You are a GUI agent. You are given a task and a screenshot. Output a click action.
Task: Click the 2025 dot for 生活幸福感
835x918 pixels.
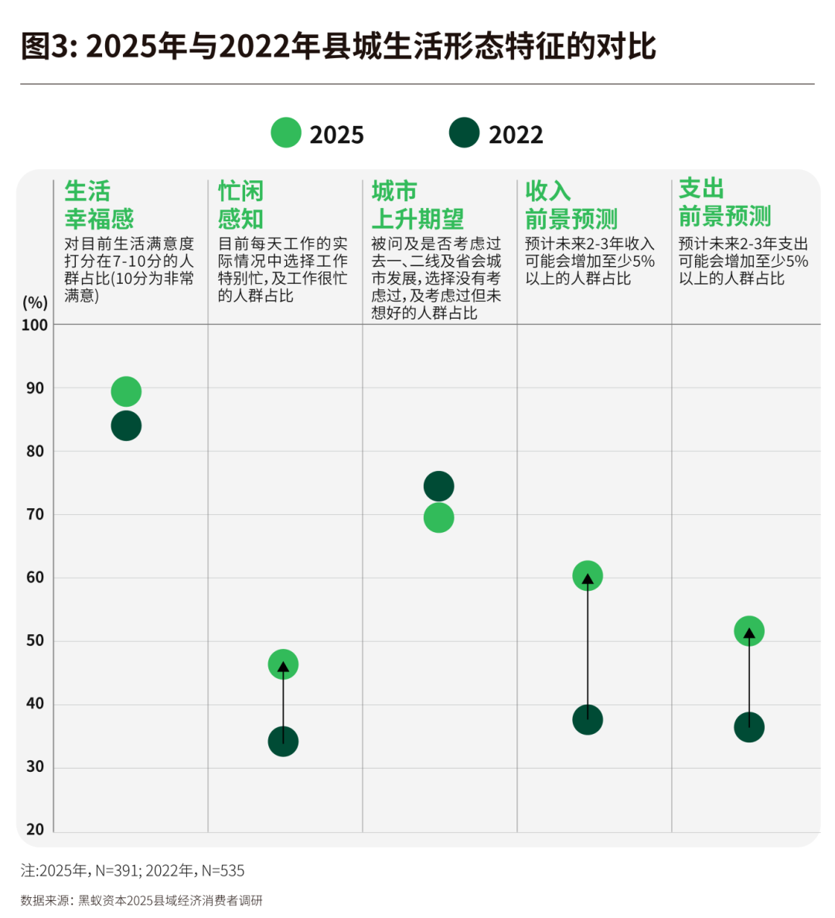[126, 392]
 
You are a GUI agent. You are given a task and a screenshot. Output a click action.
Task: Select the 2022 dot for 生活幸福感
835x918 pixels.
[126, 425]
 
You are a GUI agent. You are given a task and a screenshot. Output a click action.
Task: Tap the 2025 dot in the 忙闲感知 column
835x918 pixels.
[283, 664]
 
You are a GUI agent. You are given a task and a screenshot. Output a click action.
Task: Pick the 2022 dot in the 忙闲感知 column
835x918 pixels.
[283, 742]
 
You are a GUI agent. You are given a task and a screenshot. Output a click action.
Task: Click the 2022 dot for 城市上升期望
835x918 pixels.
[438, 486]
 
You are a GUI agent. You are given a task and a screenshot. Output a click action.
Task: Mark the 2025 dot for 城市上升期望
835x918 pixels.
[438, 518]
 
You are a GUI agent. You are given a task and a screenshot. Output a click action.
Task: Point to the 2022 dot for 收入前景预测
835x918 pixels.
[588, 720]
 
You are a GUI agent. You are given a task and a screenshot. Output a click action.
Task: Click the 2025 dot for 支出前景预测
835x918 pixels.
[748, 631]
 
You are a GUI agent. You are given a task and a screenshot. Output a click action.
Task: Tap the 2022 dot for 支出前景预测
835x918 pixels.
[748, 727]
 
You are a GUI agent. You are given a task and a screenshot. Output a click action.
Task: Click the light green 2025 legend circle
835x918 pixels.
[285, 133]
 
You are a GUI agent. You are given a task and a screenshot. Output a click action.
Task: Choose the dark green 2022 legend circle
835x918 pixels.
[464, 133]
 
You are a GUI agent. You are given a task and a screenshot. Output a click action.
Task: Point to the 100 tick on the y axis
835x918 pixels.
[35, 325]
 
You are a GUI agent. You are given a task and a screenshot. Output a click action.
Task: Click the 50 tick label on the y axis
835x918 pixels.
[36, 640]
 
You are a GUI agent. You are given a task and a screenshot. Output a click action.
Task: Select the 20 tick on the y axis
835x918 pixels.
[36, 829]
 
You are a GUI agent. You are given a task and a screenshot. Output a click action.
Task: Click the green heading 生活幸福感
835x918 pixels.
[99, 205]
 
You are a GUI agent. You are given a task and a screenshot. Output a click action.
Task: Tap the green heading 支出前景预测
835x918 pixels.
[724, 203]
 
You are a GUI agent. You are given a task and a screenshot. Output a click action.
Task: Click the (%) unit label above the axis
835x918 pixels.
[35, 302]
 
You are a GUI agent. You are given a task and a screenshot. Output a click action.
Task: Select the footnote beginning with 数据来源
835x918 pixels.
[141, 900]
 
